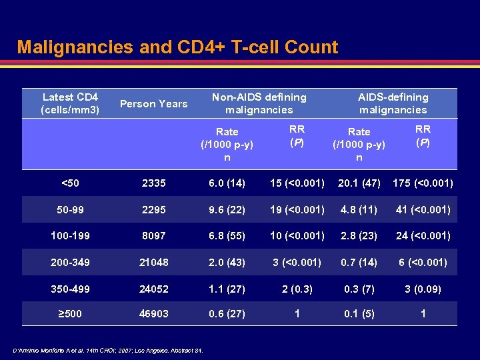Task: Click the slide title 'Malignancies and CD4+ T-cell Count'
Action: (x=177, y=47)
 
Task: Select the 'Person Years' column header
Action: (x=154, y=103)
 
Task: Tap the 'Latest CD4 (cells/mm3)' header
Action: (x=70, y=103)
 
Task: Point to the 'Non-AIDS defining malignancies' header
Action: (x=259, y=103)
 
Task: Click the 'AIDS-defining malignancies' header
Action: (x=393, y=103)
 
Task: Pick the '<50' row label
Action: (x=70, y=183)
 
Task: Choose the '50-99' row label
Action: (x=70, y=209)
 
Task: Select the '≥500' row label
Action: (x=70, y=313)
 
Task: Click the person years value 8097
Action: (x=154, y=235)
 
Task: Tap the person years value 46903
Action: (x=154, y=313)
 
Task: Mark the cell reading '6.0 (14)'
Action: (x=227, y=183)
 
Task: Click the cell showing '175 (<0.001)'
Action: (x=423, y=183)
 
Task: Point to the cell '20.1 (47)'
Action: (x=359, y=183)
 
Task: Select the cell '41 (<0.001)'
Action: (x=423, y=209)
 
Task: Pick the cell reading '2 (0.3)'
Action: (x=297, y=288)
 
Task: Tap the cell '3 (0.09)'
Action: (x=423, y=288)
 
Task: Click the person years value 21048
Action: (x=154, y=262)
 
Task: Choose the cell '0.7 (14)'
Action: (x=359, y=262)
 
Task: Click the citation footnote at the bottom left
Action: (x=107, y=351)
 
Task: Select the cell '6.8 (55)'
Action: (x=227, y=235)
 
